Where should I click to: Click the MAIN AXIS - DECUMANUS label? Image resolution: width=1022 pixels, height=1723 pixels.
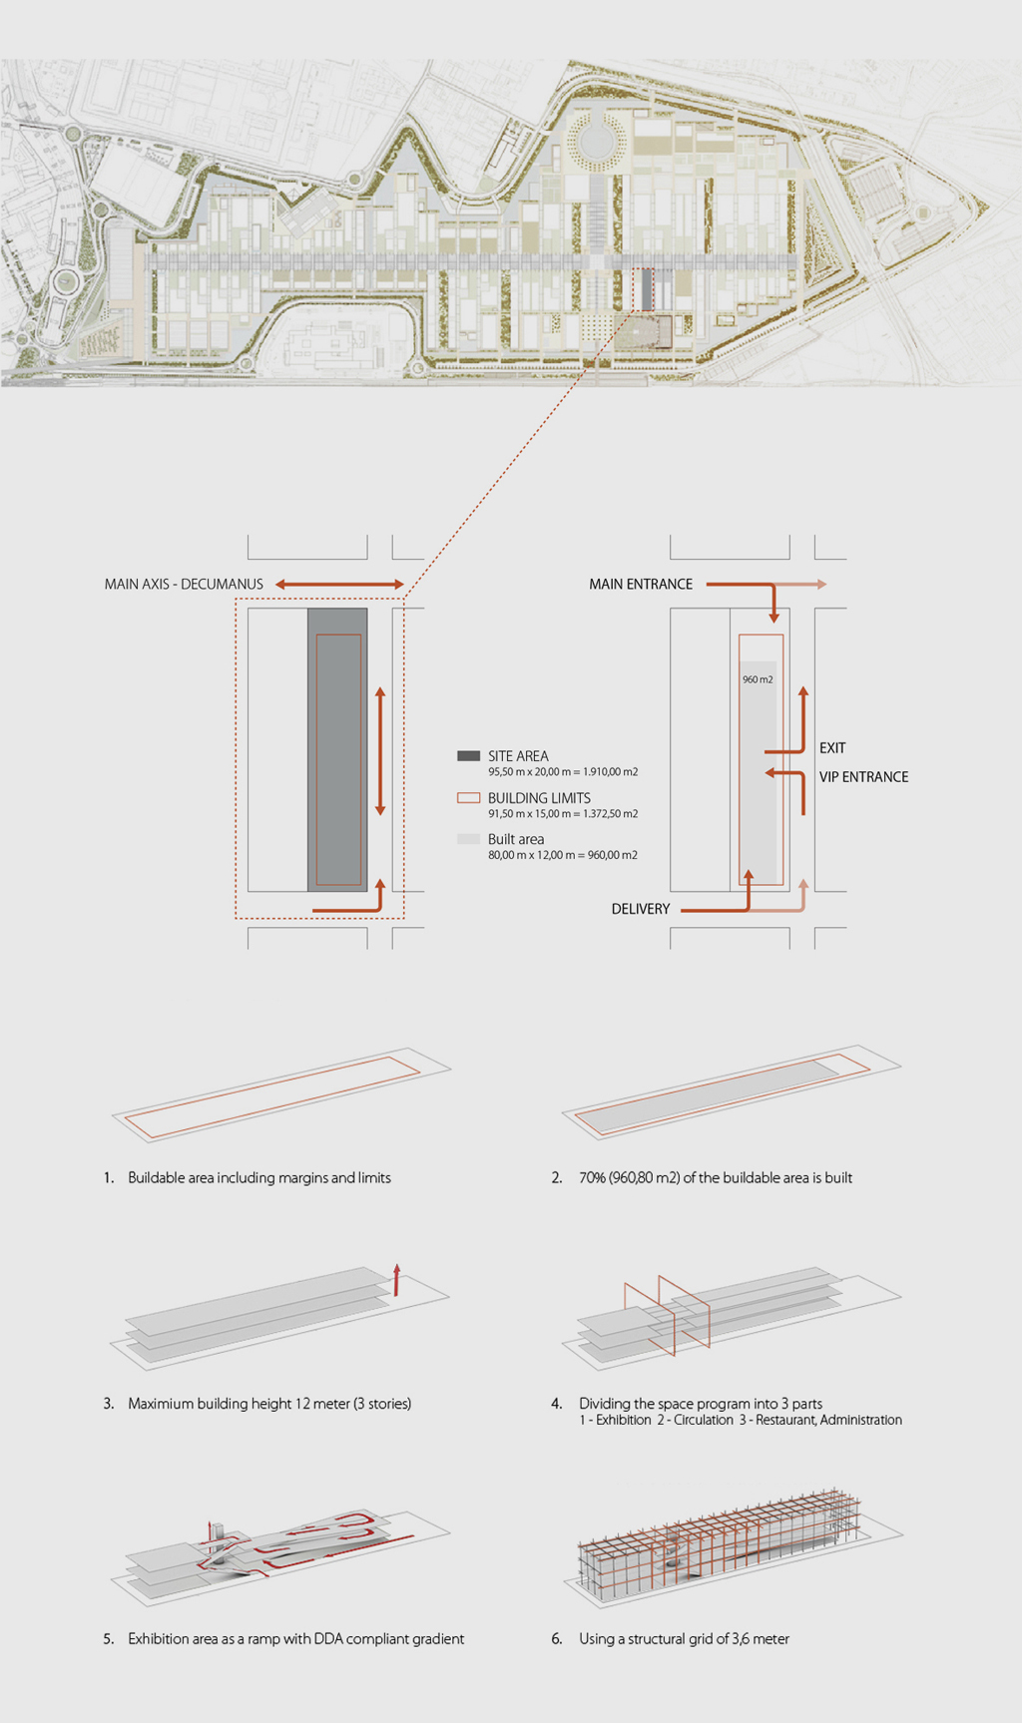tap(184, 584)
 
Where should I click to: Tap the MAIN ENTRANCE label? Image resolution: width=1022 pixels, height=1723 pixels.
tap(640, 584)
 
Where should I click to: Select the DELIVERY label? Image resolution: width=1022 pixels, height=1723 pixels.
tap(640, 909)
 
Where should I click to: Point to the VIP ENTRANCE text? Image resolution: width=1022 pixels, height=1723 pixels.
tap(863, 777)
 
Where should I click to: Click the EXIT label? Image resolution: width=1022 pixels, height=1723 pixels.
tap(832, 748)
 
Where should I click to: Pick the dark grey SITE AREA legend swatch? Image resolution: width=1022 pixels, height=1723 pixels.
tap(468, 756)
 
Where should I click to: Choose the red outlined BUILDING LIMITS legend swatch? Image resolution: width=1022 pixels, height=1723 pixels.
tap(468, 798)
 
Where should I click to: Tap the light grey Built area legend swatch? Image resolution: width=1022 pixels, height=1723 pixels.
tap(468, 839)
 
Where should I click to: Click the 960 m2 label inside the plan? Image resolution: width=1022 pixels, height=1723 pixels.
tap(758, 679)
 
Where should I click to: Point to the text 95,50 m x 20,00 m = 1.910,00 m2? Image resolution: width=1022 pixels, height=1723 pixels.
tap(563, 772)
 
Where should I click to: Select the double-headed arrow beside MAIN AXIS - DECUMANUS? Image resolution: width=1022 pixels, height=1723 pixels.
tap(339, 585)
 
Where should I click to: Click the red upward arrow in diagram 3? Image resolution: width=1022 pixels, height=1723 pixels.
tap(396, 1279)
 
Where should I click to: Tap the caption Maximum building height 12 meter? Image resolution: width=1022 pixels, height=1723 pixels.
tap(269, 1404)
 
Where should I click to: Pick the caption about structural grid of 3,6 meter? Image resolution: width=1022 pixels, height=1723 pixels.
tap(684, 1639)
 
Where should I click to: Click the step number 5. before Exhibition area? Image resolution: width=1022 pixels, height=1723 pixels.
tap(109, 1639)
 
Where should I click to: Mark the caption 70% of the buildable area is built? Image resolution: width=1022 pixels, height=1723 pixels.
tap(715, 1178)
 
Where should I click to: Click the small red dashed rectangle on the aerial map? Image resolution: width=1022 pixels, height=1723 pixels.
tap(643, 289)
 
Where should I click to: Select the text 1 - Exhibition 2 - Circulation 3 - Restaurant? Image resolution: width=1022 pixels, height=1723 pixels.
tap(740, 1420)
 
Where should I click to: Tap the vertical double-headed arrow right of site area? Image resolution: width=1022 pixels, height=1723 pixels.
tap(380, 751)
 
